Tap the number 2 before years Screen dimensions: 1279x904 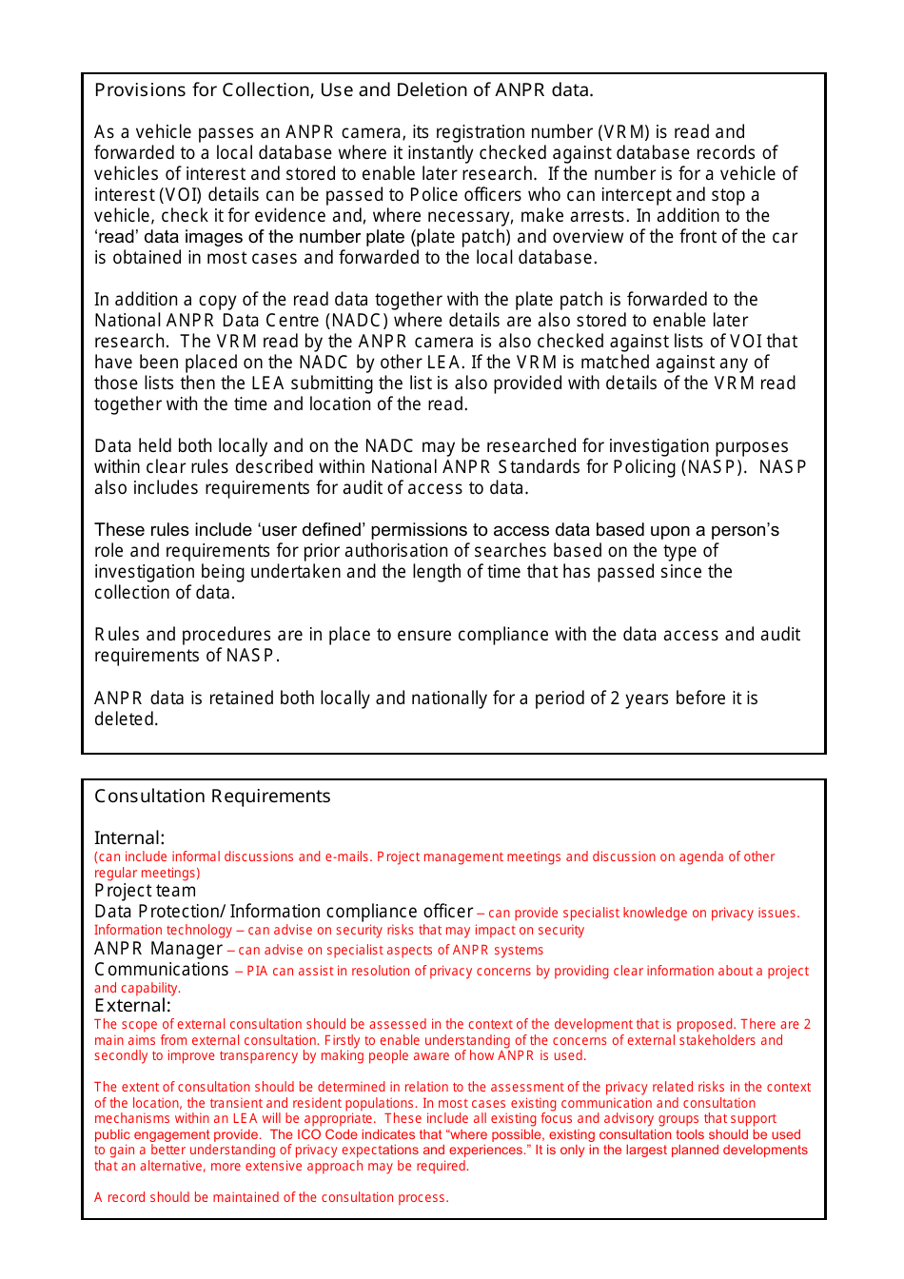(615, 699)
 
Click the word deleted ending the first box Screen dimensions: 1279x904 (126, 719)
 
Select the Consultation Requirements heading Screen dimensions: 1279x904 (212, 797)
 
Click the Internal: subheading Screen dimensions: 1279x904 (129, 838)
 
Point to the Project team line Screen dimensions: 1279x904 (145, 891)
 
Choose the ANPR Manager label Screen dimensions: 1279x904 (158, 949)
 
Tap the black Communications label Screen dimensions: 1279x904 (162, 970)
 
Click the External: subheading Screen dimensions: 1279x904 (132, 1006)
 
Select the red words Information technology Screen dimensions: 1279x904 (163, 931)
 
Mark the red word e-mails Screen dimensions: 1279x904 (347, 857)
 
